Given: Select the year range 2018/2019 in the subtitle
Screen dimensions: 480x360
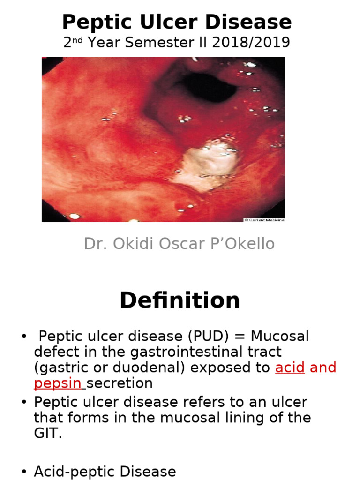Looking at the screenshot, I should coord(251,43).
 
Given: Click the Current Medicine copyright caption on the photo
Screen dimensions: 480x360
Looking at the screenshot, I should coord(264,219).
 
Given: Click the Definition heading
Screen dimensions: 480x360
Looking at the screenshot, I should coord(180,300).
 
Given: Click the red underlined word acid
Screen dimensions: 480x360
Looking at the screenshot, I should coord(290,367).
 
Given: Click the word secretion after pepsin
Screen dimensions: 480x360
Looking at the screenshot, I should coord(120,383).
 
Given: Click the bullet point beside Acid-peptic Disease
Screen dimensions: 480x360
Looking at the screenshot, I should coord(24,472).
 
